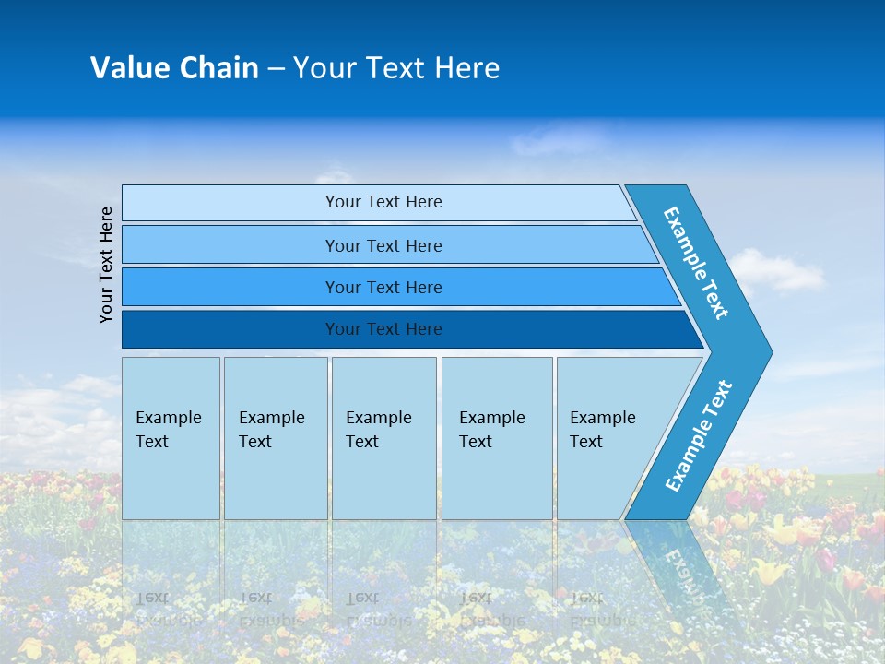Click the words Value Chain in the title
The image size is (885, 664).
click(174, 68)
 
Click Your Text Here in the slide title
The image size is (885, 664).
click(396, 68)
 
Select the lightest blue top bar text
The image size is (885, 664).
click(383, 202)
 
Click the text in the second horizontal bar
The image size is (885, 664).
click(383, 245)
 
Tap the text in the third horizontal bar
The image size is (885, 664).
click(383, 288)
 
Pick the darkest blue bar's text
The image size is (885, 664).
click(383, 329)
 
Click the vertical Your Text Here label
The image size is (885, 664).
click(106, 265)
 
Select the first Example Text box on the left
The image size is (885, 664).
click(170, 430)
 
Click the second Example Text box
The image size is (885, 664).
click(273, 430)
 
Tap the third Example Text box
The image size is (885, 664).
click(380, 430)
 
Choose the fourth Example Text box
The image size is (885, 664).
click(493, 430)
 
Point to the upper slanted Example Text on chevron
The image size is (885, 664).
click(696, 263)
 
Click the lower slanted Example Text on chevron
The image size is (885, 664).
click(698, 436)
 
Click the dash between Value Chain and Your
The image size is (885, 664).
click(276, 69)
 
